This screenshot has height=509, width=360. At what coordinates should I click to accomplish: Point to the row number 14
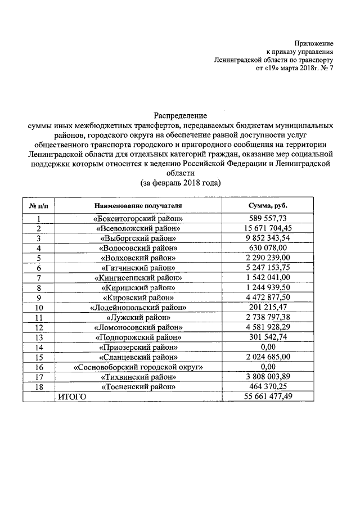tap(38, 347)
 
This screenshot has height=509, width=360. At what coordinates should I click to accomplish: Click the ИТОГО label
tap(71, 397)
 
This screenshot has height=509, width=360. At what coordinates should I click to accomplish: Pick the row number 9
tap(38, 298)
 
